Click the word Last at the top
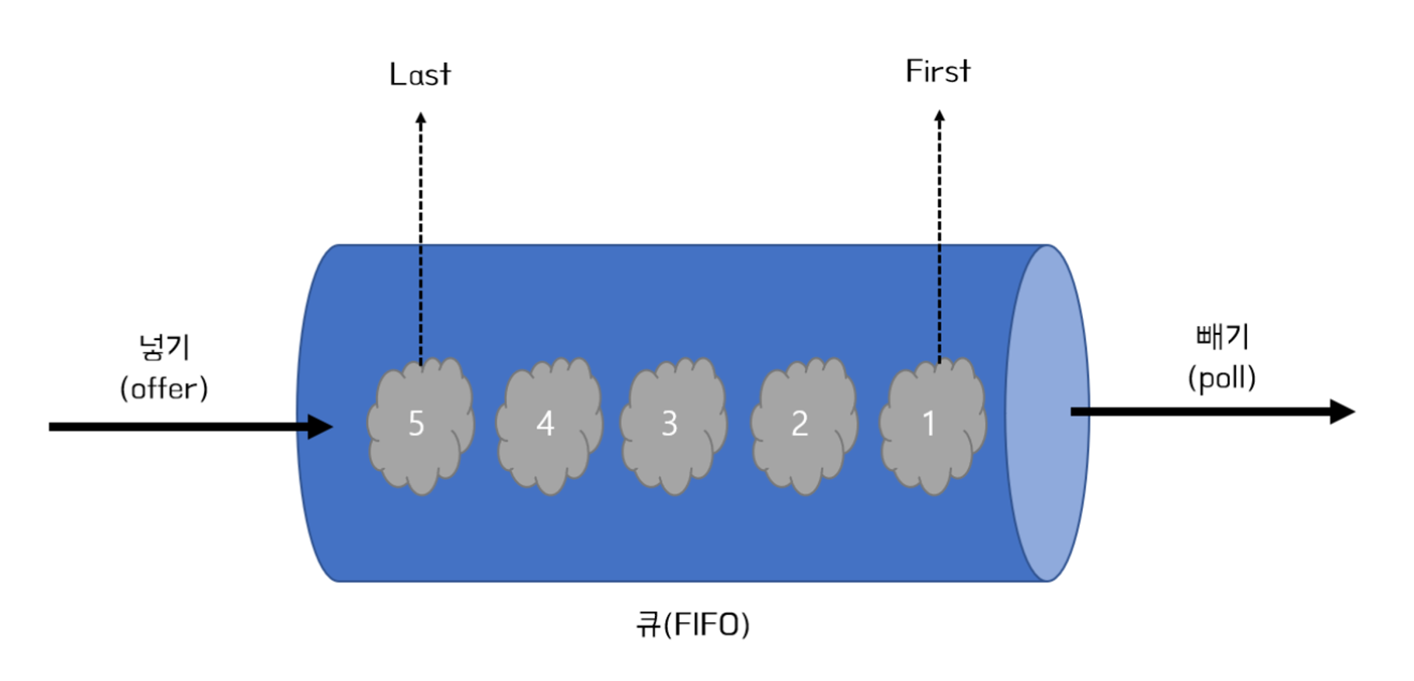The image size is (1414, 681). (x=420, y=75)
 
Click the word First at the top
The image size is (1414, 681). (x=938, y=71)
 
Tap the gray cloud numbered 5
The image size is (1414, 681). (x=420, y=426)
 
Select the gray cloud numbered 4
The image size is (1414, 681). (x=549, y=426)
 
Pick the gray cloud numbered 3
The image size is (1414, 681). (x=674, y=426)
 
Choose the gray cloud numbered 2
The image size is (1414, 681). (x=804, y=426)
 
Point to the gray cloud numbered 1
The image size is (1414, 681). (x=932, y=426)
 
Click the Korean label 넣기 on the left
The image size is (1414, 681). (x=164, y=346)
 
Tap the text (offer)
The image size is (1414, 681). (x=164, y=388)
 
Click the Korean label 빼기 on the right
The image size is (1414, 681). (x=1222, y=336)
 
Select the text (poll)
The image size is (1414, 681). (x=1222, y=378)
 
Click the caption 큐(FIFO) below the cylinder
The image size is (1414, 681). (x=692, y=624)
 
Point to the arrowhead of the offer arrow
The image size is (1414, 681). (x=319, y=426)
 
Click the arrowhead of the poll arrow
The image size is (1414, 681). (x=1342, y=412)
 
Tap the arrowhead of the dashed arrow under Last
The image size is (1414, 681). (x=420, y=119)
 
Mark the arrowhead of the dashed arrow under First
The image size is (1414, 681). (x=939, y=116)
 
